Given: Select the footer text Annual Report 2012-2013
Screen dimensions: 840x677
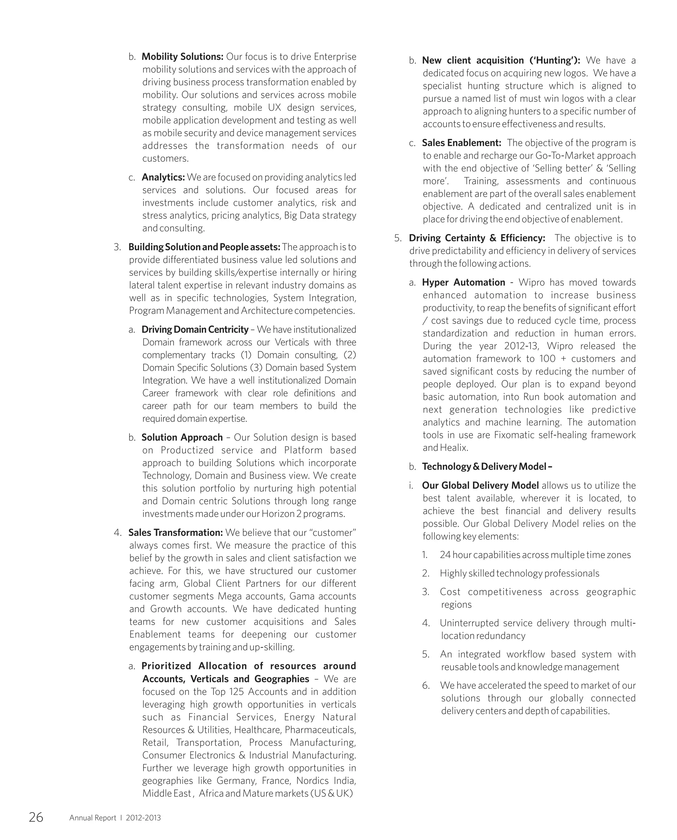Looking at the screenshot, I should (115, 818).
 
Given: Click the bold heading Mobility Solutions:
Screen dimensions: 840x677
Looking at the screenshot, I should (182, 57).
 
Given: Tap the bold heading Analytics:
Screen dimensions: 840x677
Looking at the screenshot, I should (163, 177).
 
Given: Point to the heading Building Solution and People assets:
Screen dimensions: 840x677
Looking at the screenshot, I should (204, 247).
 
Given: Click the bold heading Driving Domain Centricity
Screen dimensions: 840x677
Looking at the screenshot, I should (195, 330).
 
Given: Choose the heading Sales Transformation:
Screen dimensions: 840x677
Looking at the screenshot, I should (176, 532).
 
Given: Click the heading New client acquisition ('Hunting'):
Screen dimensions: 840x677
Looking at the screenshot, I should (501, 60).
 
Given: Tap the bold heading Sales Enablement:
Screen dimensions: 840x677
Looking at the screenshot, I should (462, 143).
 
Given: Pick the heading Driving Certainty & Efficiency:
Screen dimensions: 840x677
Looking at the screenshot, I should (477, 238).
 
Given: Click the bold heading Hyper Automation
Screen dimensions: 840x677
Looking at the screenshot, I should (464, 282).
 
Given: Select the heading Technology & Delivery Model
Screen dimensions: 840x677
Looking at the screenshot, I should (487, 466).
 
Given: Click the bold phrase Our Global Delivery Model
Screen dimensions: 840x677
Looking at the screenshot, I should (480, 485).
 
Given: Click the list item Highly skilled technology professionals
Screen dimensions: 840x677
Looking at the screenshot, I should (519, 573).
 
